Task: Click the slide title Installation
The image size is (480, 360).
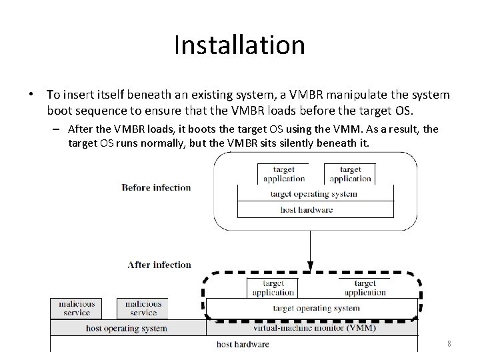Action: click(x=239, y=45)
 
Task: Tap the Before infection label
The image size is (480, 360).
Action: click(x=156, y=187)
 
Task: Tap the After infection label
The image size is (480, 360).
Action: click(x=159, y=265)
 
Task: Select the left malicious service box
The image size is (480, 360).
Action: click(x=77, y=308)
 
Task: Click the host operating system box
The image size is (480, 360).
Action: click(x=127, y=328)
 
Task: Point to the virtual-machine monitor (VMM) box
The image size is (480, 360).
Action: click(x=314, y=327)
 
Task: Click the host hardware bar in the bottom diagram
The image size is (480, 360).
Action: click(x=242, y=344)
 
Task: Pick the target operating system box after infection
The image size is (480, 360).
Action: click(x=316, y=308)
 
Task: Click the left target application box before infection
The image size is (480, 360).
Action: click(x=283, y=174)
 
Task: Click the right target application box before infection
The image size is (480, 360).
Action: click(x=349, y=174)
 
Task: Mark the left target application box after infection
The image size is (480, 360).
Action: click(x=273, y=287)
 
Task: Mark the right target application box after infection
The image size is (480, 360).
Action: click(x=365, y=287)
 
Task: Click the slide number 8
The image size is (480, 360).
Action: click(x=449, y=344)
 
